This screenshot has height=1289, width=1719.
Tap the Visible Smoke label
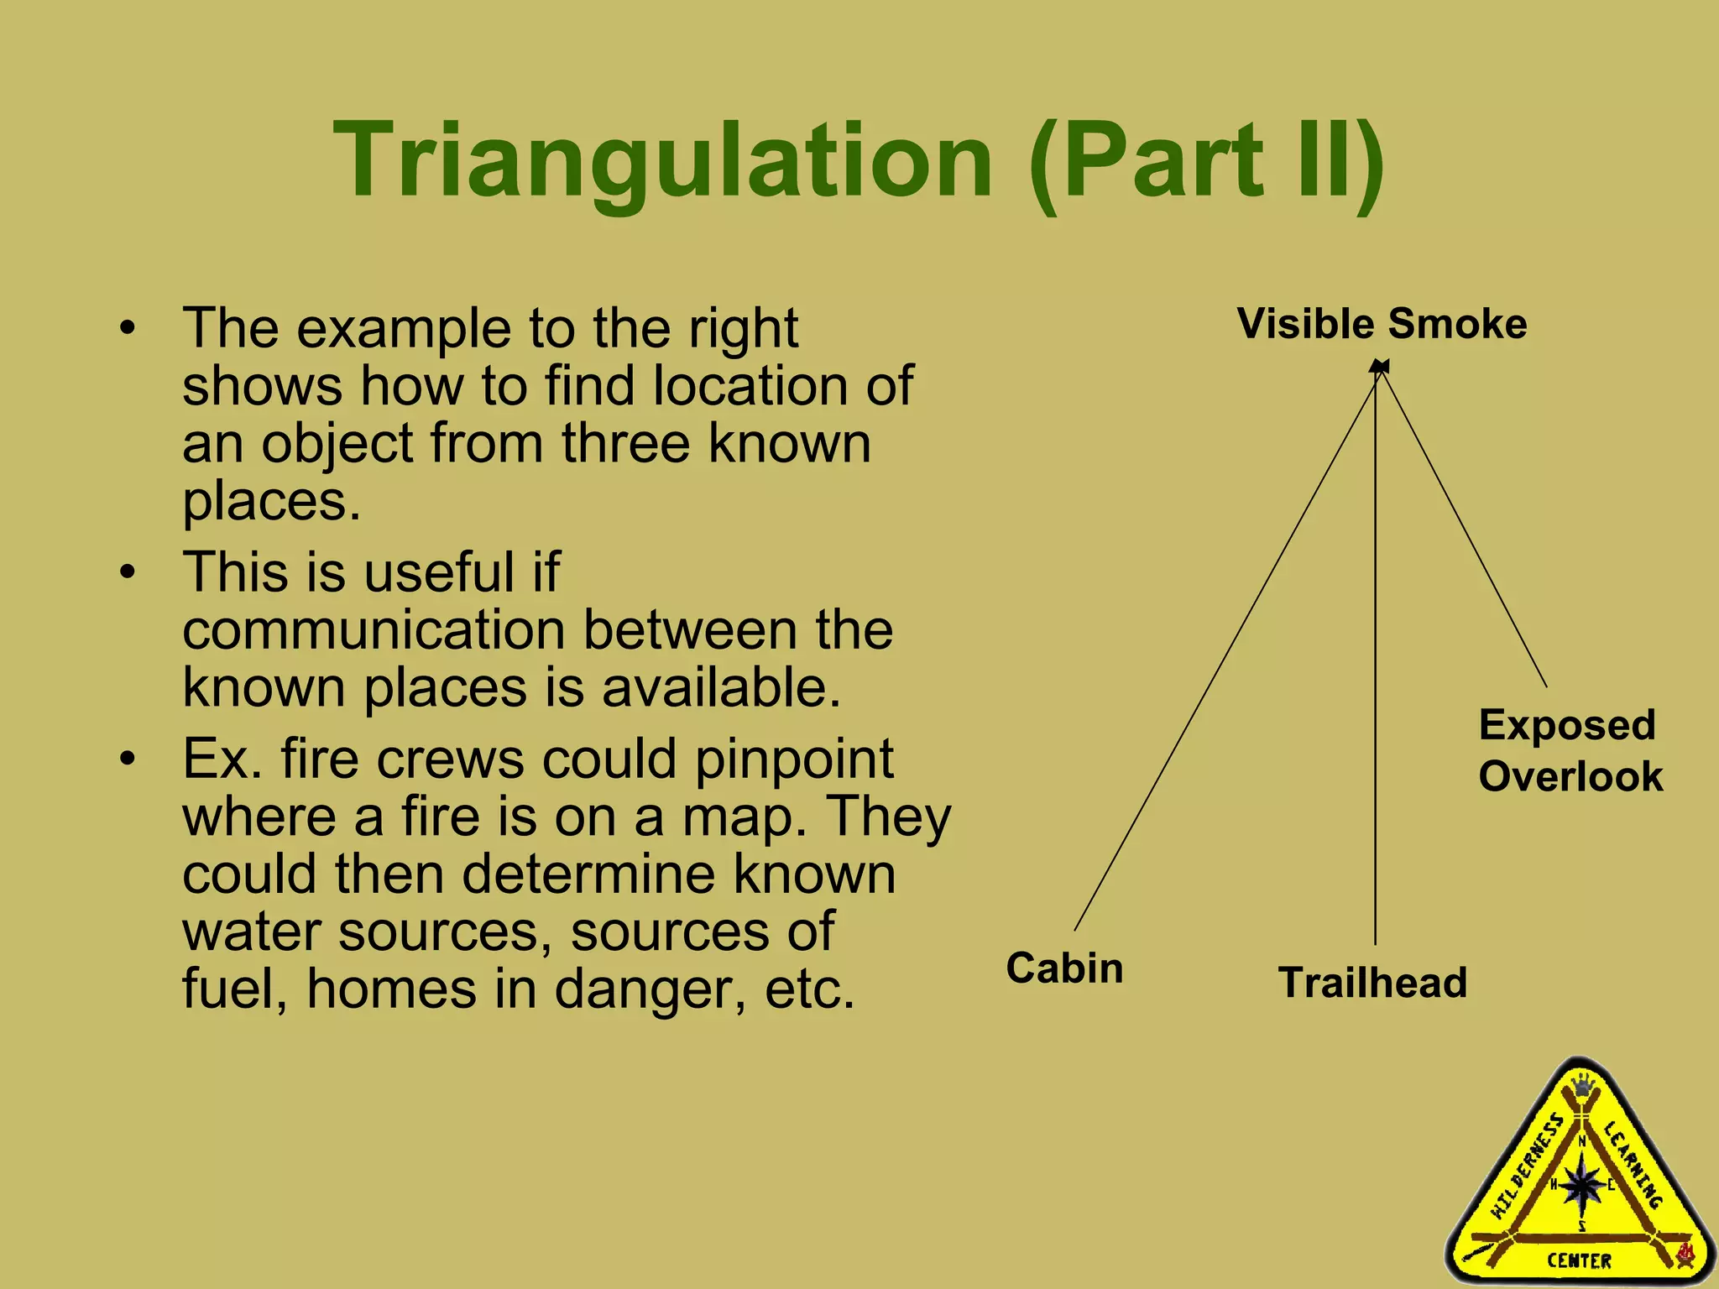[x=1382, y=324]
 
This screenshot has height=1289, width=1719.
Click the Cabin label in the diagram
[x=1064, y=968]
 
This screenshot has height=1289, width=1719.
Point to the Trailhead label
[x=1372, y=983]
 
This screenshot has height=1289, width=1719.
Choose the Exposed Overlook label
[x=1570, y=751]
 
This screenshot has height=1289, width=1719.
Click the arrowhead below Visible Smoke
[x=1379, y=367]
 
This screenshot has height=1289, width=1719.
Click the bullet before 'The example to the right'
[x=127, y=328]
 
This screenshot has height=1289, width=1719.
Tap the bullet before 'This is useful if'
[x=127, y=573]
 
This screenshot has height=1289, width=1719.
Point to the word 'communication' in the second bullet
[x=374, y=630]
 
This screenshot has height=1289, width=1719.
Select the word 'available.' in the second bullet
[x=721, y=688]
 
